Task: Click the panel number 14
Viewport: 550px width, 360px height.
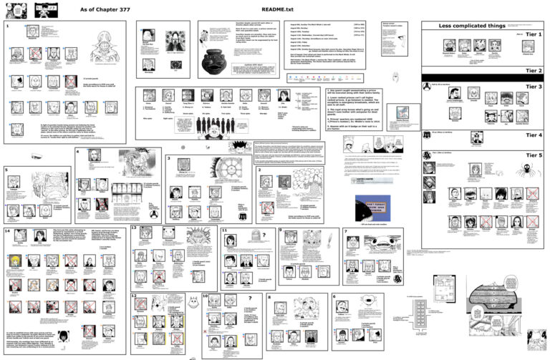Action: point(7,231)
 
